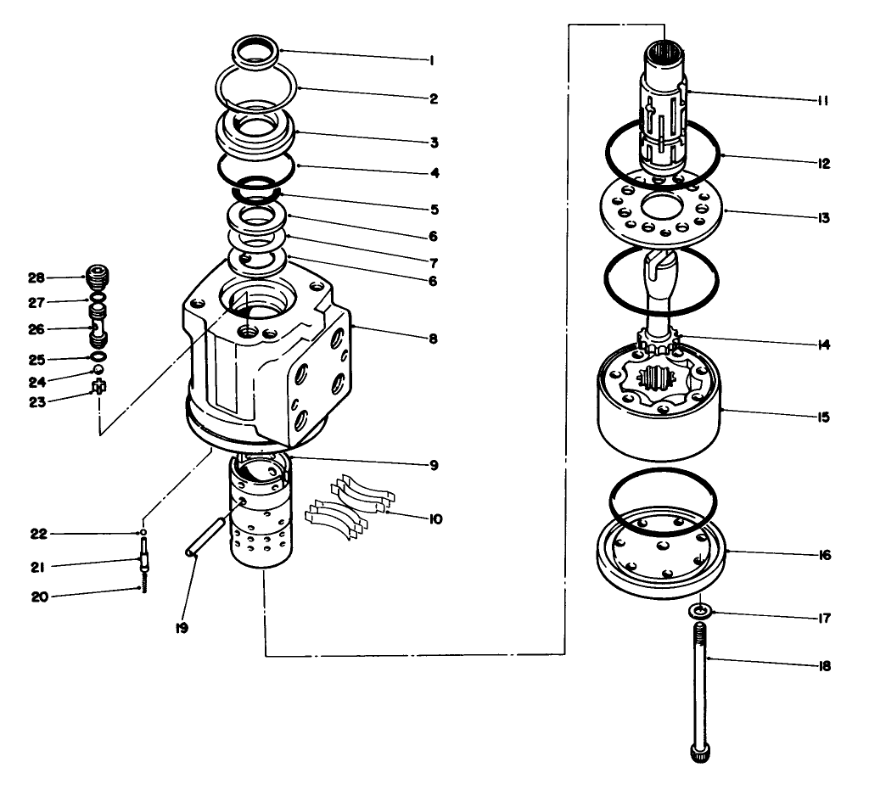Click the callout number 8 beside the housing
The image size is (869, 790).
433,338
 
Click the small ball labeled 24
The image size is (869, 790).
98,370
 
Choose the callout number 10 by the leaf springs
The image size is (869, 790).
436,518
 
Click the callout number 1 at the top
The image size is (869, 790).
432,60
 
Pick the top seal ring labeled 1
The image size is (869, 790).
255,50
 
